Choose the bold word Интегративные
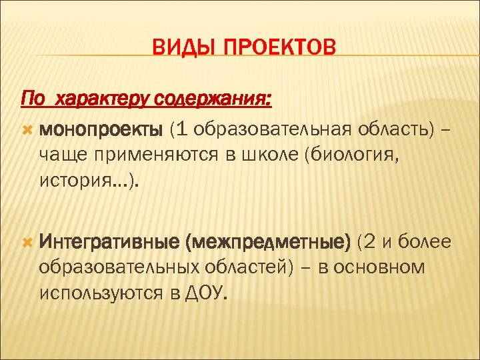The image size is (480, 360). (109, 241)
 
